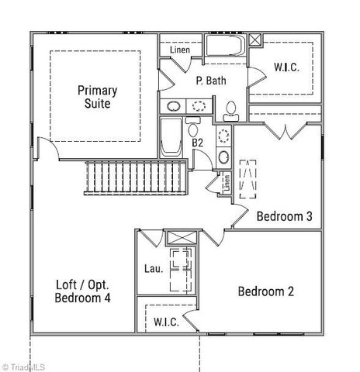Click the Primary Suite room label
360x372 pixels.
click(96, 96)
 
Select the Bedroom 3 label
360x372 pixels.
click(284, 217)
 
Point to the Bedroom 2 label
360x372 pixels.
click(266, 292)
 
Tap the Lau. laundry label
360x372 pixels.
click(154, 270)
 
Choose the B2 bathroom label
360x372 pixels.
click(198, 143)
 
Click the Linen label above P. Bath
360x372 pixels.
click(180, 50)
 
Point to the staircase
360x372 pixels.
click(134, 179)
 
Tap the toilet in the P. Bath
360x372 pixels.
click(231, 111)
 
